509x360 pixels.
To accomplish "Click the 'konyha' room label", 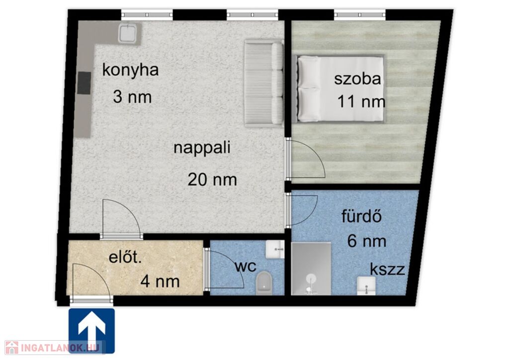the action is point(131,71).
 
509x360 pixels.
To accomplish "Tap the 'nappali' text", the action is point(202,148).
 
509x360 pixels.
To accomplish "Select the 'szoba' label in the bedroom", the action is point(357,79).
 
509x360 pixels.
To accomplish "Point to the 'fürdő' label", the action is point(361,216).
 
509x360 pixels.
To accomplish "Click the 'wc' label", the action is point(246,267).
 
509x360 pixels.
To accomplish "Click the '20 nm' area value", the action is point(212,180).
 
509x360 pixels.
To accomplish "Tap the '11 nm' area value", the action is point(361,101).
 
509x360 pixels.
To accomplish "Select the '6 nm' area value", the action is point(366,241).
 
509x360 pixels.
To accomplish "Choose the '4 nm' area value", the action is point(160,281).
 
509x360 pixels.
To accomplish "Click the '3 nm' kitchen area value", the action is point(132,97).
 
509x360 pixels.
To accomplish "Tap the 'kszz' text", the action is point(387,270).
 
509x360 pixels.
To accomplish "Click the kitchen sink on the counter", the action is point(129,33).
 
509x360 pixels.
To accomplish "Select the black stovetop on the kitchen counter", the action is point(84,83).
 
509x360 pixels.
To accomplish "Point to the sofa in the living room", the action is point(264,84).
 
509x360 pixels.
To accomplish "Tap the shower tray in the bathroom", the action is point(311,269).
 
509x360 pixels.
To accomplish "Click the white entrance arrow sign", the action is point(92,331).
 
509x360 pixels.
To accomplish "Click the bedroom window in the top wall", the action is point(360,15).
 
